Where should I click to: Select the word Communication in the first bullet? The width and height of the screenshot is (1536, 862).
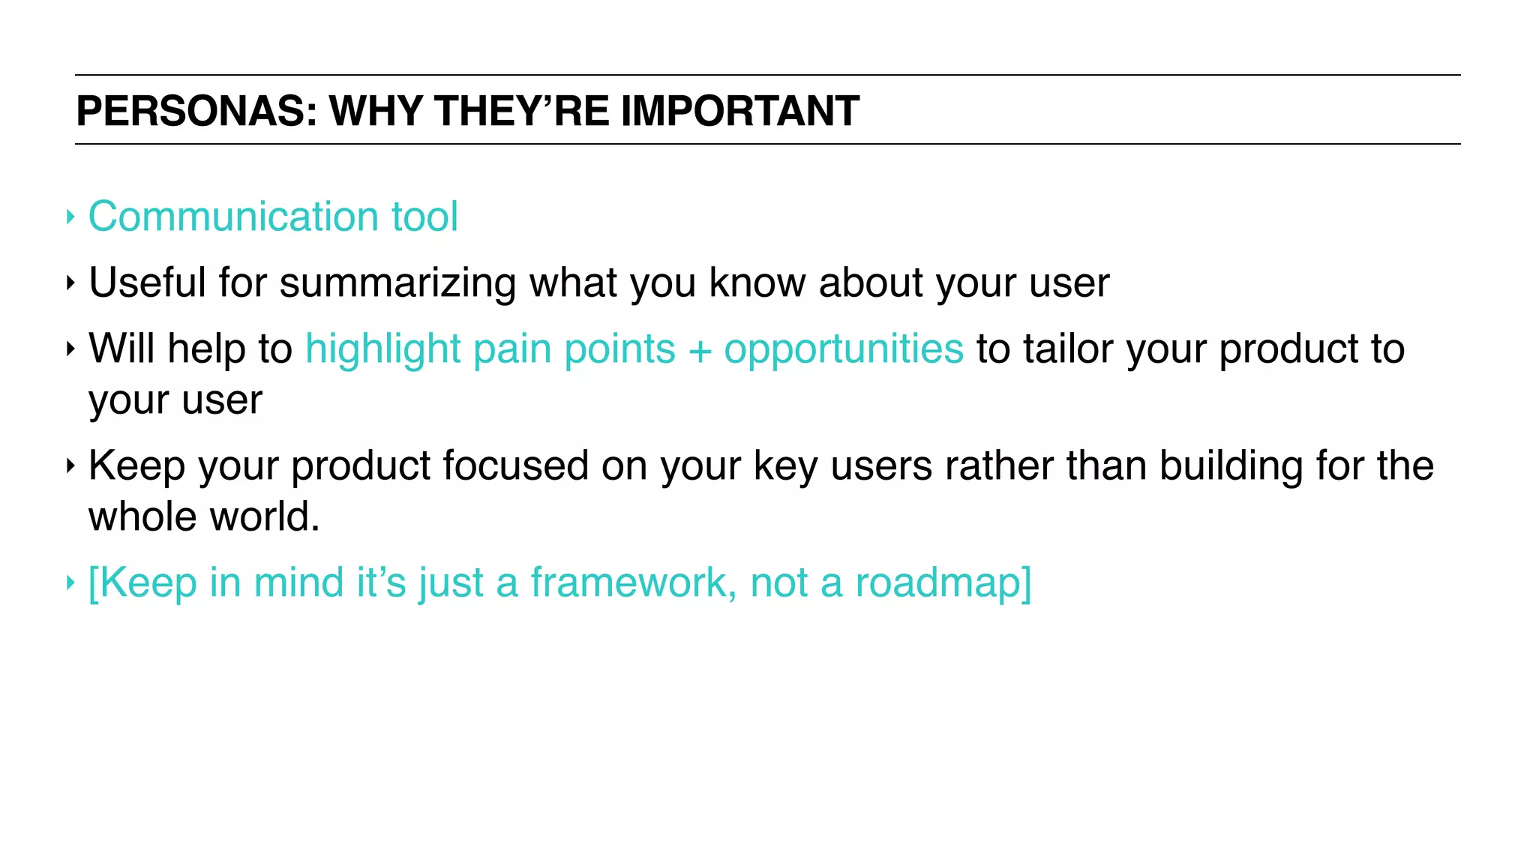point(233,217)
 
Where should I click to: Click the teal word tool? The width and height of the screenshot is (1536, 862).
point(424,217)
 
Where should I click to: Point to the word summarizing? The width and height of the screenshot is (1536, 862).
point(397,283)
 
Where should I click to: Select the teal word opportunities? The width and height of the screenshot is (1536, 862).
point(843,349)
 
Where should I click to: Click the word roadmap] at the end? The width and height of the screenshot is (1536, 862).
point(943,582)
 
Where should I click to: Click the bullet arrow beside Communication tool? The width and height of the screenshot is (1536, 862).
point(70,217)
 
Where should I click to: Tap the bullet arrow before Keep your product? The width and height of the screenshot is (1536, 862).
point(70,466)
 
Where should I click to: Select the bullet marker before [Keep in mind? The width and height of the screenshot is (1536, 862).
point(70,582)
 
